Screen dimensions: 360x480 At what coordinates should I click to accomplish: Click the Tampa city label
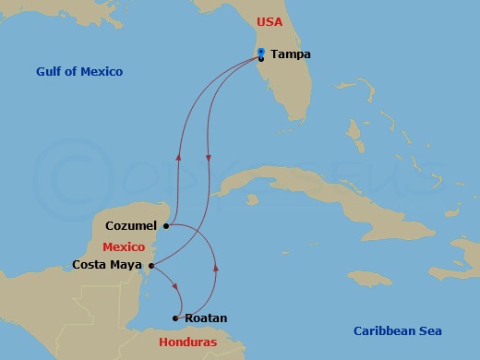pos(291,54)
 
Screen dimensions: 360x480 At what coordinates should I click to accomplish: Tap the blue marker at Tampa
pos(262,52)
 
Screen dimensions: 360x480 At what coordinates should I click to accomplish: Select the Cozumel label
pos(132,224)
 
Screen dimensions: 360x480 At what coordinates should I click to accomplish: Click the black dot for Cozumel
pos(165,224)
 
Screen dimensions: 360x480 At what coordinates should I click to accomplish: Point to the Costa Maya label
pos(107,265)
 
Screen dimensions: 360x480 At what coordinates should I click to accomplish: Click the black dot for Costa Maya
pos(150,266)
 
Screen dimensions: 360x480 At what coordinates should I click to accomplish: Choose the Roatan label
pos(206,318)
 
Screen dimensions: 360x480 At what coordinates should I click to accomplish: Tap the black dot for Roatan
pos(175,319)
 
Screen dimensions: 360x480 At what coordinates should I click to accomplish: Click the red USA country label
pos(270,20)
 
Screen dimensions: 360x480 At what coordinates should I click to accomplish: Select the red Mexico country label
pos(122,247)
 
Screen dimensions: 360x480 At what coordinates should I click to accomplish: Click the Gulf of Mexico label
pos(79,72)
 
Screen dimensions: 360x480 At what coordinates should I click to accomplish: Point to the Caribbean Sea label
pos(398,331)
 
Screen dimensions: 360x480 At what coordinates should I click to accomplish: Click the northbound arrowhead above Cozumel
pos(178,157)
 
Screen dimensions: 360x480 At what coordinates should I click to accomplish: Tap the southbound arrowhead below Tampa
pos(209,158)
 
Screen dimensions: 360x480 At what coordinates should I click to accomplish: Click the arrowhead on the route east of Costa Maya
pos(216,268)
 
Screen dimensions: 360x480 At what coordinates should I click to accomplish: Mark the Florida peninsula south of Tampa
pos(286,92)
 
